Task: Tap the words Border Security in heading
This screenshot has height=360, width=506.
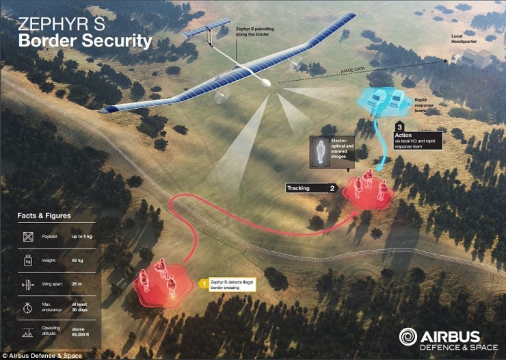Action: tap(85, 41)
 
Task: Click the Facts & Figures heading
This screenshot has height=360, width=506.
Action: tap(44, 216)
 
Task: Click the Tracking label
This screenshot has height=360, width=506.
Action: tap(298, 187)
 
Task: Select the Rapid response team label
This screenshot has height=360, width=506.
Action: tap(425, 103)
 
